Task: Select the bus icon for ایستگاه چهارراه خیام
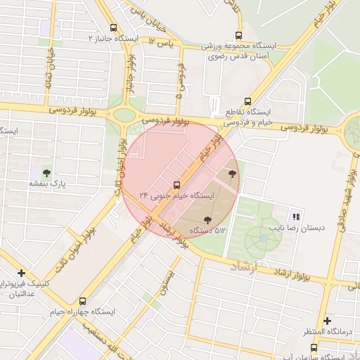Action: [x=84, y=301]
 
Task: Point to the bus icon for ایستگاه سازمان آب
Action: [x=314, y=347]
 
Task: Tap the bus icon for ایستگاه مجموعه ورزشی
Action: [x=239, y=36]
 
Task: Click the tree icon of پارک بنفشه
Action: [x=46, y=172]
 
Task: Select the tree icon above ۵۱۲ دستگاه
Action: [x=206, y=222]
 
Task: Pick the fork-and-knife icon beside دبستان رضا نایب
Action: [x=296, y=217]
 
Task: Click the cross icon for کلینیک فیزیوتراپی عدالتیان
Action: [x=22, y=273]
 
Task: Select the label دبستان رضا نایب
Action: [x=294, y=228]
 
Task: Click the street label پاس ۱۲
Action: [x=160, y=44]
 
